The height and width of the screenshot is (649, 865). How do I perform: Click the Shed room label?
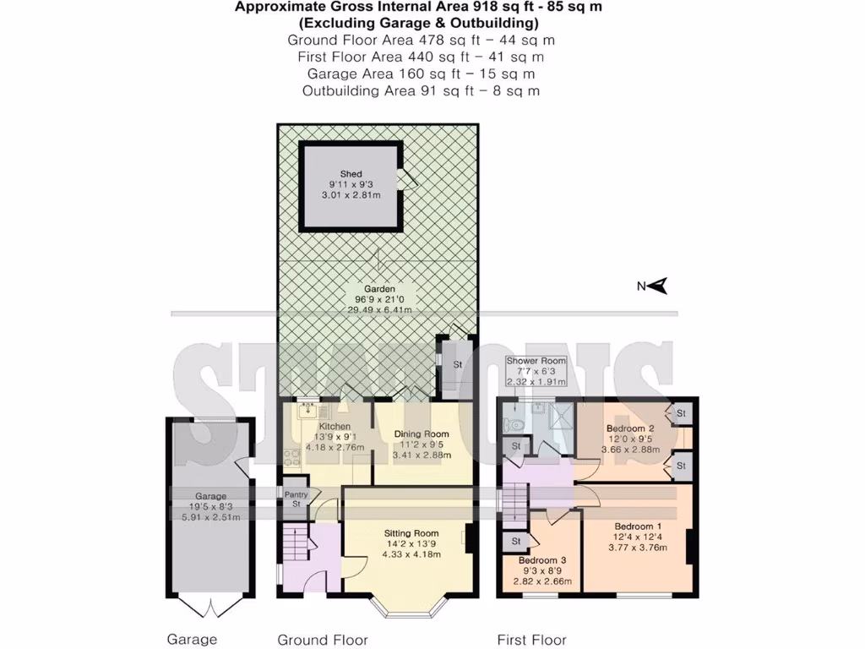(351, 174)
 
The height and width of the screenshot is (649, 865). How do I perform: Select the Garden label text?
(379, 288)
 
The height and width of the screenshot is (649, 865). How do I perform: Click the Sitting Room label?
(411, 533)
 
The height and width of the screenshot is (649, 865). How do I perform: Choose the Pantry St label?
(296, 499)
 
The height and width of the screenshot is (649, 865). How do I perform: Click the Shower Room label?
(536, 361)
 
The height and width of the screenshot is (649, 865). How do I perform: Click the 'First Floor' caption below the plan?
(531, 640)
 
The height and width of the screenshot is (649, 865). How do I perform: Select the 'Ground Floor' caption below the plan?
(323, 640)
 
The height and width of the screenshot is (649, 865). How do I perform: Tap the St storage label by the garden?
(458, 364)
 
